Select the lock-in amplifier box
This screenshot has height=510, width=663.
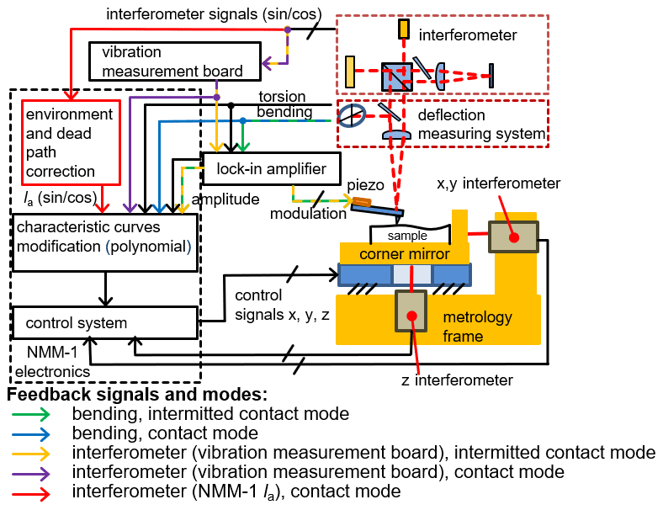pos(271,169)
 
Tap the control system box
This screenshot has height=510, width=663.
pos(104,322)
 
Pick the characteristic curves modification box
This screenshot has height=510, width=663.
pos(104,242)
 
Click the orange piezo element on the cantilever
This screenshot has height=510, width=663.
pos(361,204)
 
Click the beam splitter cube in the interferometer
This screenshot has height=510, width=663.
pos(395,75)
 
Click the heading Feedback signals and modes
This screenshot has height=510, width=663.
pos(137,394)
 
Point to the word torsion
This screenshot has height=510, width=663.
pos(281,97)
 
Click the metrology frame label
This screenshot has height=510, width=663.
pos(477,327)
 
